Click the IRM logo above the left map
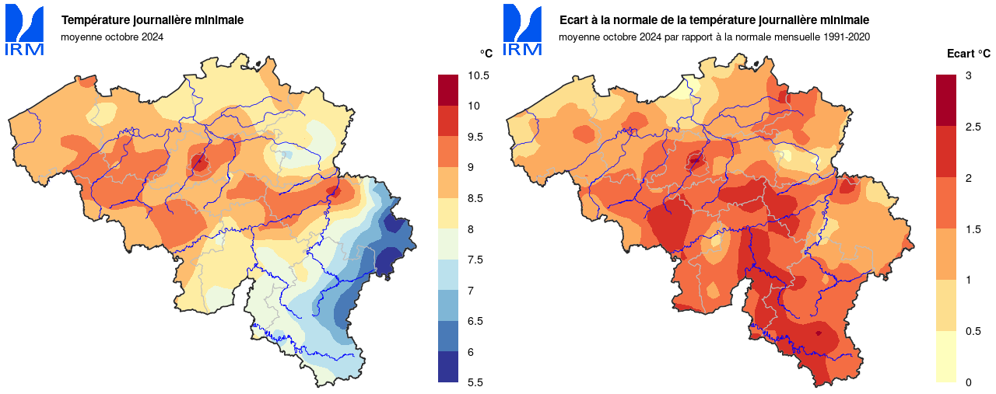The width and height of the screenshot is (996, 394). [24, 31]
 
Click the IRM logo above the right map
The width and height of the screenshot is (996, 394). [522, 31]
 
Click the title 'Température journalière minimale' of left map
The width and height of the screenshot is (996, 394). [141, 19]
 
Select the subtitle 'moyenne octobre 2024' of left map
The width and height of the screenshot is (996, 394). [112, 36]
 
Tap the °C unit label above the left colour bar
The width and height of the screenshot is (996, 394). [486, 53]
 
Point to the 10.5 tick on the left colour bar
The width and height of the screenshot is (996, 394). [478, 75]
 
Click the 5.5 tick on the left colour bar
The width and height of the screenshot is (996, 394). [475, 382]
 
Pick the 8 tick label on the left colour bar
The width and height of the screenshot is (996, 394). [470, 229]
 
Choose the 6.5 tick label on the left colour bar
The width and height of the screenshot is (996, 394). [475, 321]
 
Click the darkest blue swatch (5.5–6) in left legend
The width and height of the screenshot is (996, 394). [448, 367]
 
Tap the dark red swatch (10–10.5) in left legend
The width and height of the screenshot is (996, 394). [448, 90]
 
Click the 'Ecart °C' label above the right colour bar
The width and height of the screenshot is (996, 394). [968, 54]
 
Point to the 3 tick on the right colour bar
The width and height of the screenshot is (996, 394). [968, 75]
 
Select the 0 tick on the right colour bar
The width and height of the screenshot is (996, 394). [968, 382]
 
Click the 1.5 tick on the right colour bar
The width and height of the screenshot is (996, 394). [972, 229]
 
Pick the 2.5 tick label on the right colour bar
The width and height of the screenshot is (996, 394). [972, 127]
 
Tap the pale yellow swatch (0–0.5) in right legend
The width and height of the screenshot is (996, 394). [946, 357]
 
